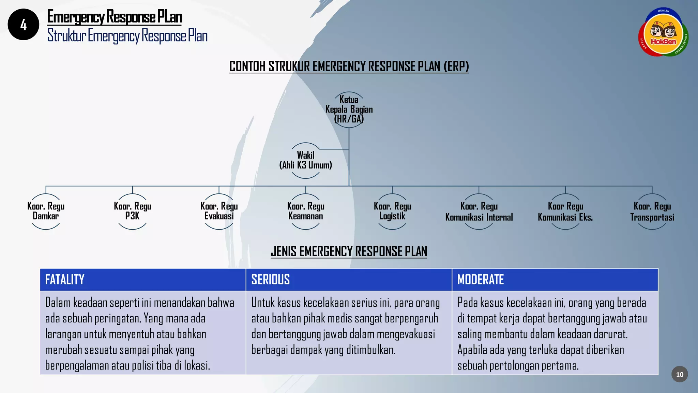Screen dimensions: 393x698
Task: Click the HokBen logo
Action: point(663,32)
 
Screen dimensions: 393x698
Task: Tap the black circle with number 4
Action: point(23,25)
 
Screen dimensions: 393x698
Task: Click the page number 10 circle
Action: point(680,374)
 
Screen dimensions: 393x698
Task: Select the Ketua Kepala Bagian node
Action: point(349,109)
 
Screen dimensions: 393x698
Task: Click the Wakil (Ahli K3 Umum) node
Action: point(306,160)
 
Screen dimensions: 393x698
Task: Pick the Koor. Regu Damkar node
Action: point(46,211)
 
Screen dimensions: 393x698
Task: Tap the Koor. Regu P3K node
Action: point(132,211)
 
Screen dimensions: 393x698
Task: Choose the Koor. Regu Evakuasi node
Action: point(219,211)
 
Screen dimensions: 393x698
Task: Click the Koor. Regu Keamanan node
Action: point(306,211)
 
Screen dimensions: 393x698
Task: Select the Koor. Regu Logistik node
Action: point(392,211)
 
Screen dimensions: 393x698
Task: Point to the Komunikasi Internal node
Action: point(479,212)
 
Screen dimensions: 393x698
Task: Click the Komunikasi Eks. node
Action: point(565,212)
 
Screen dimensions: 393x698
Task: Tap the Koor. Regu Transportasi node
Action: point(652,212)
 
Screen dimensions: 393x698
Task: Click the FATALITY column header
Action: point(65,280)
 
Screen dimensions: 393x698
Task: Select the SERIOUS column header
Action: point(271,280)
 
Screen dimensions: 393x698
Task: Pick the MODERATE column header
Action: point(481,280)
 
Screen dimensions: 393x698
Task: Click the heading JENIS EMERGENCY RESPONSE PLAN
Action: point(349,251)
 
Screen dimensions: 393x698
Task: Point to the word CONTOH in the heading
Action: point(247,67)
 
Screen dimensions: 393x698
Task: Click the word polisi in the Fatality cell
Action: point(143,366)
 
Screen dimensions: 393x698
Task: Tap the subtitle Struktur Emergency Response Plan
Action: point(127,36)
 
